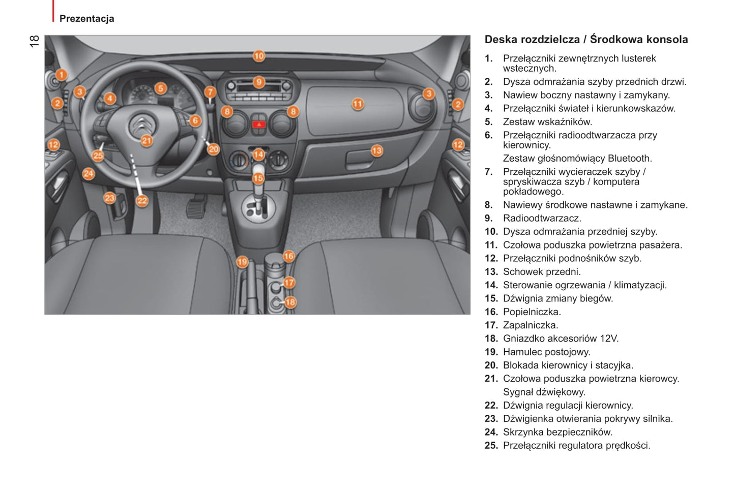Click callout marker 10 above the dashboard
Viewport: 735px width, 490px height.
point(259,56)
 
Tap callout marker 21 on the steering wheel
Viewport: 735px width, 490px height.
point(146,141)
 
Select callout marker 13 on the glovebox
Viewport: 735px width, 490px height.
point(376,150)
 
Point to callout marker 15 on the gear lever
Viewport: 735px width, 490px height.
point(258,178)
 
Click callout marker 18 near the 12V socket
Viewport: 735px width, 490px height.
point(290,302)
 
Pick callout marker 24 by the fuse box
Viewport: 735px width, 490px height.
point(89,174)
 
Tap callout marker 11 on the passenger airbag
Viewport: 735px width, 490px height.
point(358,104)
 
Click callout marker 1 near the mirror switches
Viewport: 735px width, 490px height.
point(61,75)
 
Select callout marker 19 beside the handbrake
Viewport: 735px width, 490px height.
point(242,262)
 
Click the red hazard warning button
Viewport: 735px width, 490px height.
point(259,124)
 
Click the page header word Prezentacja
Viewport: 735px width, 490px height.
point(87,19)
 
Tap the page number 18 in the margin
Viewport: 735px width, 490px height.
point(35,41)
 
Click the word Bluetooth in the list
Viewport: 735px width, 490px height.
point(630,159)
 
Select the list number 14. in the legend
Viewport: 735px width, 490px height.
point(491,285)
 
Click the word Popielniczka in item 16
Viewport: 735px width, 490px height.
point(532,312)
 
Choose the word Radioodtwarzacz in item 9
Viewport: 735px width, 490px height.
point(542,219)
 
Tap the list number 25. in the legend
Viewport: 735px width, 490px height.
point(491,446)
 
